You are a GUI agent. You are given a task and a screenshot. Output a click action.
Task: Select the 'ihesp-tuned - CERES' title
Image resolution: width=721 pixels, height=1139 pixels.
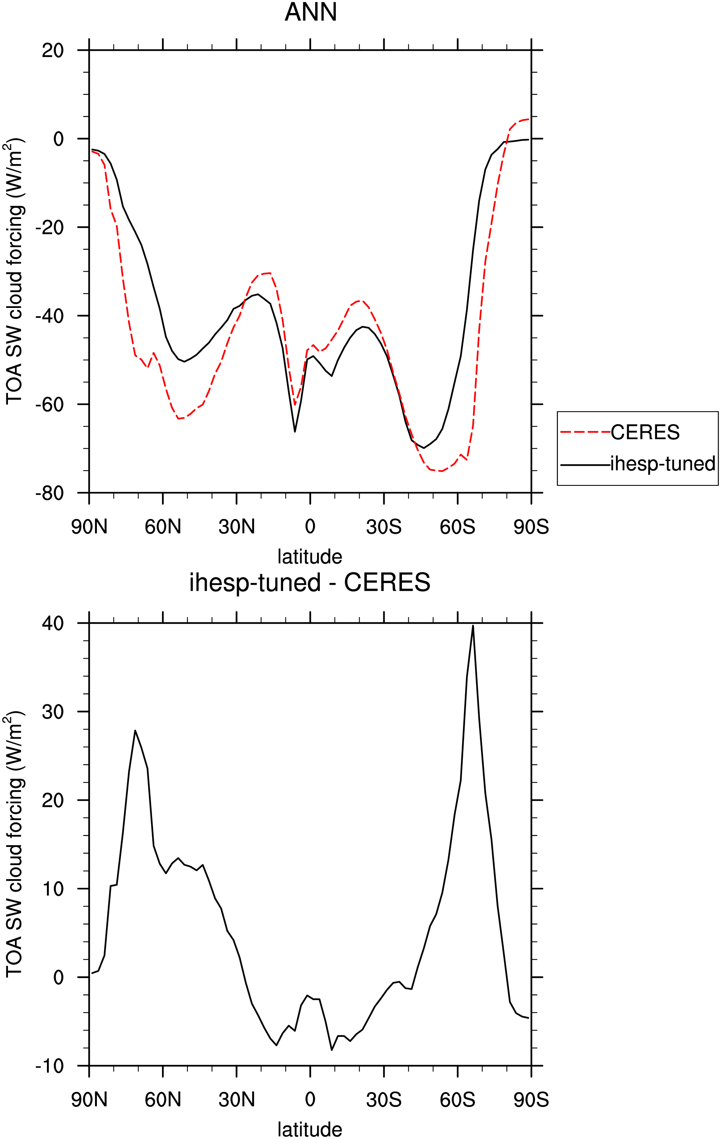(310, 582)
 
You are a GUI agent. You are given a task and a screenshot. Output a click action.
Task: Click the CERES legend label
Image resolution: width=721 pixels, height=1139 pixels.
(645, 432)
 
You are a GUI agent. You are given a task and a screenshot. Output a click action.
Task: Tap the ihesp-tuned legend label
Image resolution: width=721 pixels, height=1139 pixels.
(663, 463)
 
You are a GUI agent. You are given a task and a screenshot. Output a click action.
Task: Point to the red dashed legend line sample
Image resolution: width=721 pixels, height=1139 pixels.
(586, 432)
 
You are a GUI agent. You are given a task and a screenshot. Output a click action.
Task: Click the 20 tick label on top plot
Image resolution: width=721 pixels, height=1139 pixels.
(53, 50)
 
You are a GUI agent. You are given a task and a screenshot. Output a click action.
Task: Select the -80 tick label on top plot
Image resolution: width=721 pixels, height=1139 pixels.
(50, 493)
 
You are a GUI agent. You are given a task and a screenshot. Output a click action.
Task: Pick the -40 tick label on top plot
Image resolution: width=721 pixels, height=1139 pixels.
(50, 316)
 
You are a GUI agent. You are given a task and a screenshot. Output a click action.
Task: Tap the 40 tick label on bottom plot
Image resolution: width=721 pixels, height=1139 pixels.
(53, 623)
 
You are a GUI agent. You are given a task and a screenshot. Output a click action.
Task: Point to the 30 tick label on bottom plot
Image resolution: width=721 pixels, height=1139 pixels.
(53, 712)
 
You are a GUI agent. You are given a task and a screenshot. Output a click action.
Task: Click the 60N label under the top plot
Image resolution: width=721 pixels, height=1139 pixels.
(163, 527)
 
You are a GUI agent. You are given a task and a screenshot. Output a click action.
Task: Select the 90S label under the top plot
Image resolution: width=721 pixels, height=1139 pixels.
(531, 527)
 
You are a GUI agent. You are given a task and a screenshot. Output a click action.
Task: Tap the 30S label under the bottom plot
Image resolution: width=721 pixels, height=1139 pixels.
(384, 1100)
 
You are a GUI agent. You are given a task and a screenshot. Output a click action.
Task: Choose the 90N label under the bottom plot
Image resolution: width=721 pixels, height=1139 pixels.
(89, 1100)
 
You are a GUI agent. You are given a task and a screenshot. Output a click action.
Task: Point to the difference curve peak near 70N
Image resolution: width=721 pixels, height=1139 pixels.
(135, 730)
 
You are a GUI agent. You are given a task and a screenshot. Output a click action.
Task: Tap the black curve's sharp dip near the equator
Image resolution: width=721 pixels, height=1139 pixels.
(294, 431)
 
